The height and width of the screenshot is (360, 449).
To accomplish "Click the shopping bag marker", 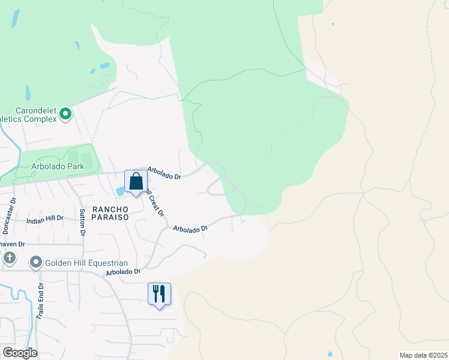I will (136, 182).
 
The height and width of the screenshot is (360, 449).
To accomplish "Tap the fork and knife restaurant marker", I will (159, 295).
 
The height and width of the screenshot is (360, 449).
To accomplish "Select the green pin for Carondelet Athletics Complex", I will (65, 113).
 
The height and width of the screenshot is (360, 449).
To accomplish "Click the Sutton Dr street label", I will (83, 222).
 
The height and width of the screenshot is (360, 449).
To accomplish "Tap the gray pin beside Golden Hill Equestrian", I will (36, 262).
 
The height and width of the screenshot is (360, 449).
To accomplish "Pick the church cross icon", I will (9, 258).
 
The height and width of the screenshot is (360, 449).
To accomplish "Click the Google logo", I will (19, 353).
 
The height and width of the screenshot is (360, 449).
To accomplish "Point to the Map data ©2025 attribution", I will (423, 355).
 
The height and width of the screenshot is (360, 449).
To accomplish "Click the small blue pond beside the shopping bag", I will (119, 190).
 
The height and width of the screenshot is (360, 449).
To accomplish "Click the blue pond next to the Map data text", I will (330, 353).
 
